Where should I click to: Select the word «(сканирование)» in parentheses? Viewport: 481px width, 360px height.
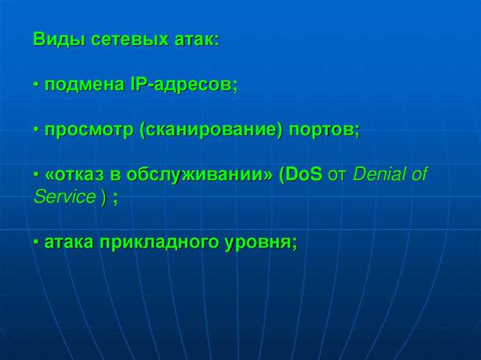pyautogui.click(x=210, y=130)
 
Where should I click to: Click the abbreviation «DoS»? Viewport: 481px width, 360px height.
pyautogui.click(x=302, y=175)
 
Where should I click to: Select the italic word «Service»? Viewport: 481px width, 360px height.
pyautogui.click(x=64, y=197)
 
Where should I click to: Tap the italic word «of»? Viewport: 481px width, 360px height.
pyautogui.click(x=419, y=175)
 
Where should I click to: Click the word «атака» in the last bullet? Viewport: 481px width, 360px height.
pyautogui.click(x=69, y=242)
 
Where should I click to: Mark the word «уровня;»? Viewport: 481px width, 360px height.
pyautogui.click(x=260, y=242)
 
